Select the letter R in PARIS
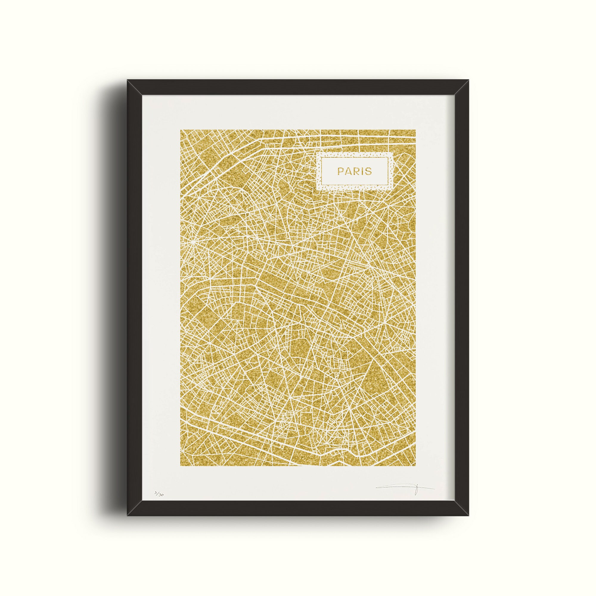pyautogui.click(x=356, y=171)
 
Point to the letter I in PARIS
pyautogui.click(x=362, y=171)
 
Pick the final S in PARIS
pyautogui.click(x=369, y=171)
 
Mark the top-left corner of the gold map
pyautogui.click(x=181, y=130)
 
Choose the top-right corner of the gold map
pyautogui.click(x=415, y=130)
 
